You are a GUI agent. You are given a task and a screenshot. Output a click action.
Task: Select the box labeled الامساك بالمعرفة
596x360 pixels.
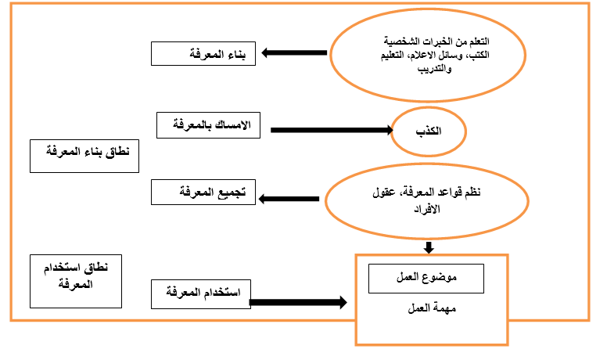click(208, 125)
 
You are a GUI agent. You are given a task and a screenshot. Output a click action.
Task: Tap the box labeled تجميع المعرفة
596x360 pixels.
click(203, 192)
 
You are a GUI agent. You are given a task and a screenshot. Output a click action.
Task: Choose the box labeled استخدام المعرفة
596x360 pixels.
click(200, 295)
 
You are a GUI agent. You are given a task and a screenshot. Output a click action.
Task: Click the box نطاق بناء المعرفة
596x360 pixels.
click(84, 155)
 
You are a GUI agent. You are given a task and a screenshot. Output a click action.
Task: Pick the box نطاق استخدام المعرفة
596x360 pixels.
click(77, 280)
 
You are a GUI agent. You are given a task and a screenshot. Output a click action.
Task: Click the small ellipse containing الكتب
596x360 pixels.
click(429, 130)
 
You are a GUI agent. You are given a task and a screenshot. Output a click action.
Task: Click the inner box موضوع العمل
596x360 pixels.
click(426, 278)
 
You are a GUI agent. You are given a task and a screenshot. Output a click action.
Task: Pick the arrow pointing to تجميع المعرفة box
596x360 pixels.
click(288, 198)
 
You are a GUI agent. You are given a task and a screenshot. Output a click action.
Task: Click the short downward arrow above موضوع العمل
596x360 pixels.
click(429, 248)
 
